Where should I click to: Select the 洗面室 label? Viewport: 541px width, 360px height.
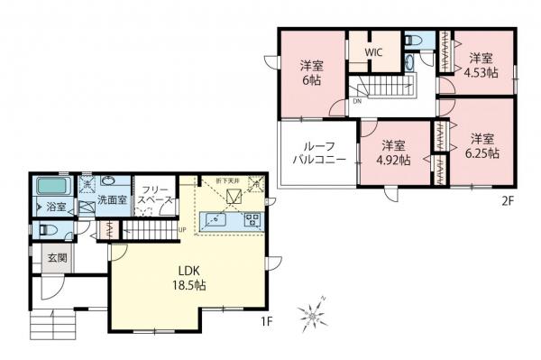(112, 200)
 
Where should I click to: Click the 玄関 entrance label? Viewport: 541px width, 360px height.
(56, 260)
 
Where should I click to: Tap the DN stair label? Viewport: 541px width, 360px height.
(357, 101)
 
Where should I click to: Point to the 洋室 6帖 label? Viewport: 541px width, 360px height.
(312, 71)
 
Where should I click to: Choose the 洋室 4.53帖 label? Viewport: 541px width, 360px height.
(482, 66)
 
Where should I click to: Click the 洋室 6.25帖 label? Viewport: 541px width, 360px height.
(483, 146)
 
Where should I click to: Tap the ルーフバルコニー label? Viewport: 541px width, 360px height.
(315, 153)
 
